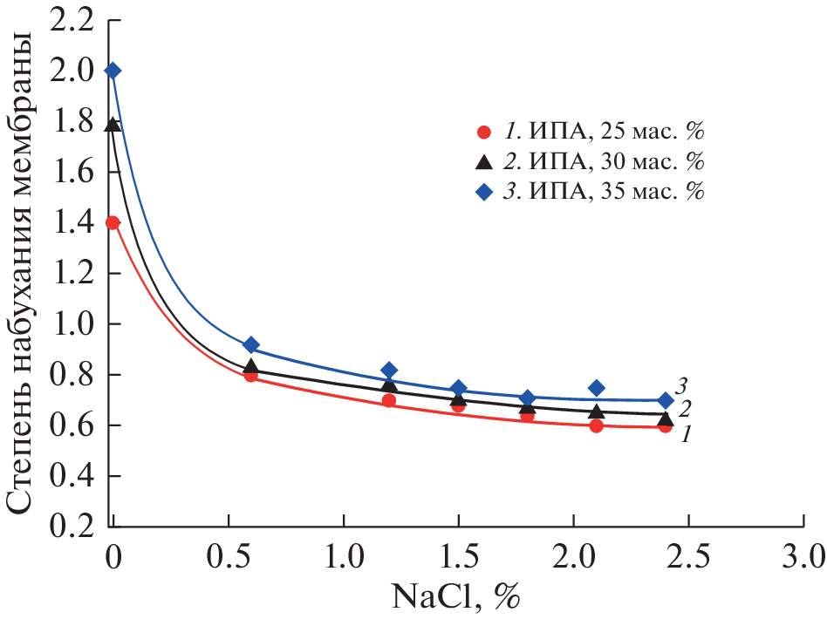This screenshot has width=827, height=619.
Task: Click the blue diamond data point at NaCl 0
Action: tap(113, 71)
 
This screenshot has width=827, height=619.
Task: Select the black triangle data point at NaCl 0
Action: tap(113, 125)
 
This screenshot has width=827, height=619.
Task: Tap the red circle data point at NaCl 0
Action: tap(113, 222)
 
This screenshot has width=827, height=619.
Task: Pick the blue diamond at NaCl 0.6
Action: tap(251, 345)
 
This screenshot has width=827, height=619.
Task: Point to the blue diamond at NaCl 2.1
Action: tap(596, 388)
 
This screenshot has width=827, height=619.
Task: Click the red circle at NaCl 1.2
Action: tap(389, 400)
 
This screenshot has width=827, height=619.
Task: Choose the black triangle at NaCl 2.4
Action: tap(665, 418)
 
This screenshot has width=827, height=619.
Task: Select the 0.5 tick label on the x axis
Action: tap(229, 554)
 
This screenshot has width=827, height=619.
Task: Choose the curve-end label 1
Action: tap(687, 432)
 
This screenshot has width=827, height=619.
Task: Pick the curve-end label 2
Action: tap(687, 409)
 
